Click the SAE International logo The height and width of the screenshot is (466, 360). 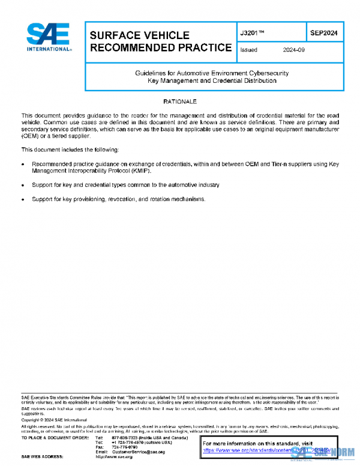tap(48, 37)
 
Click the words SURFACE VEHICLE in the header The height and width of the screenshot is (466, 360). tap(139, 35)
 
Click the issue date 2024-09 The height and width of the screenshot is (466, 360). tap(294, 50)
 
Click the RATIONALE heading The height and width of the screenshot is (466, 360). tap(180, 101)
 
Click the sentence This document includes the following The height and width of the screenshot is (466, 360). tap(70, 149)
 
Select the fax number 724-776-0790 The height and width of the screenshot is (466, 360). tap(125, 447)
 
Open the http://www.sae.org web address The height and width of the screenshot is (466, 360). tap(114, 457)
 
